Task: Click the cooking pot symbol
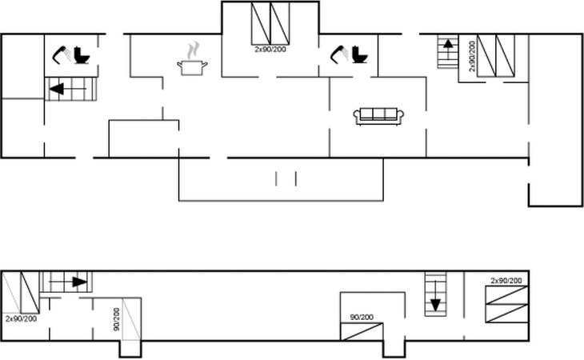pos(192,67)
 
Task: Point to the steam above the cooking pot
pos(192,50)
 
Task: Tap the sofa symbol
pos(379,116)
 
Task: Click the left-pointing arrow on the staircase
pos(57,89)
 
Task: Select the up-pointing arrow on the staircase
pos(448,45)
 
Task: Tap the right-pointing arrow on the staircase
pos(78,282)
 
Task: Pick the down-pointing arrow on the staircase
pos(436,304)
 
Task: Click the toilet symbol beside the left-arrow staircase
pos(82,55)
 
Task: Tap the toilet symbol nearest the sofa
pos(359,55)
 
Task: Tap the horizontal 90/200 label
pos(362,318)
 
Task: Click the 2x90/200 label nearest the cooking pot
pos(270,50)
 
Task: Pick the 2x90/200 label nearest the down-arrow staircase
pos(506,280)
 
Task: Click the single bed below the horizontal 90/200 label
pos(362,331)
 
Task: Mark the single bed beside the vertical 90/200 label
pos(131,320)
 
